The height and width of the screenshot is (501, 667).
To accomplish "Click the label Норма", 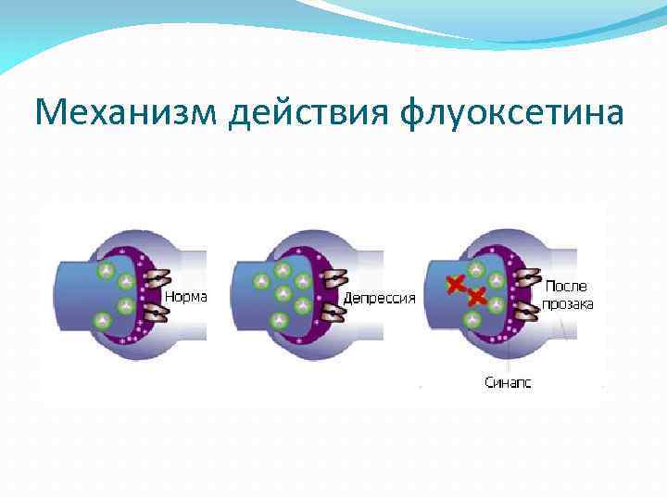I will (186, 297).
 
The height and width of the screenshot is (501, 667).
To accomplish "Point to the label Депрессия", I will (379, 299).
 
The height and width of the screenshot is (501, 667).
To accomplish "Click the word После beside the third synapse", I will (565, 287).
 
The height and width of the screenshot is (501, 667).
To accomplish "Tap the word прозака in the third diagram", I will (569, 304).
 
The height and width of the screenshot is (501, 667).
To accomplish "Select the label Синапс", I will (509, 381).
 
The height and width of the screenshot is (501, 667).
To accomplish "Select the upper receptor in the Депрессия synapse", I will (334, 278).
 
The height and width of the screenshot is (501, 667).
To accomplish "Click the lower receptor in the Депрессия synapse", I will (332, 312).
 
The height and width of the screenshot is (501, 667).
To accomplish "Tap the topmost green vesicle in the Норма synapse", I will (106, 272).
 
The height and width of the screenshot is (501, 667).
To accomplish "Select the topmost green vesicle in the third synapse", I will (476, 270).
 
